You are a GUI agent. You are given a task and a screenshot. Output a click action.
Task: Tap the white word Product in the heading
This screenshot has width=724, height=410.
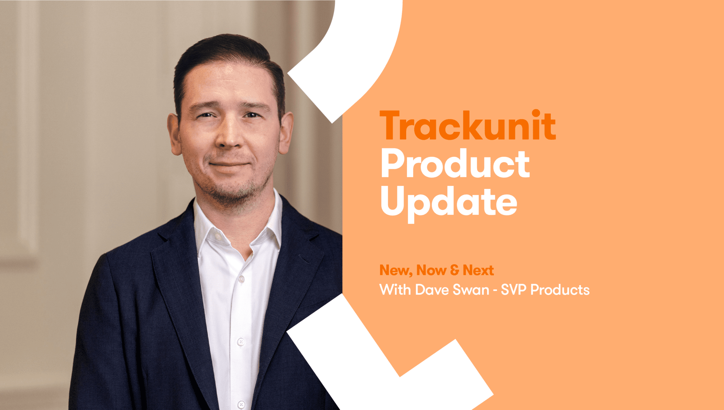tap(455, 164)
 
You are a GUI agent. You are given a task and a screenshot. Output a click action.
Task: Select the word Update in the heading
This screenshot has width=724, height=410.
tap(449, 202)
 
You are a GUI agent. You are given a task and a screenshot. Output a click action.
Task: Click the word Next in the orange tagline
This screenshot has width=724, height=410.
tap(478, 270)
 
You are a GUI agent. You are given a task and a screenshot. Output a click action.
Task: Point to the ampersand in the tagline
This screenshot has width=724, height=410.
tap(455, 270)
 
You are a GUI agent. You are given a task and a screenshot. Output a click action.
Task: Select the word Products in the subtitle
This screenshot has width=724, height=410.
tap(560, 290)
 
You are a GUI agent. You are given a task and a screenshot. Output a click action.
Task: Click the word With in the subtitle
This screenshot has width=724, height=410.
tap(395, 290)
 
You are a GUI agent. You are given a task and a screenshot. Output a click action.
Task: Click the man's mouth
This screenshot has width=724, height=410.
tap(229, 164)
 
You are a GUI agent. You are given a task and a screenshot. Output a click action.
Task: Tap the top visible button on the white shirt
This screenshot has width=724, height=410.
tap(242, 279)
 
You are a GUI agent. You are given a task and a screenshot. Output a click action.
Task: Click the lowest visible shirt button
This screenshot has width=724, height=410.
tap(241, 404)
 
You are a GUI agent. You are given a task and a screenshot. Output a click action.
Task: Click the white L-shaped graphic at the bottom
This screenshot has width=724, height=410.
tap(371, 364)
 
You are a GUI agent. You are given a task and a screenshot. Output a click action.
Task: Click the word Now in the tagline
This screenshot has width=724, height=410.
tap(431, 270)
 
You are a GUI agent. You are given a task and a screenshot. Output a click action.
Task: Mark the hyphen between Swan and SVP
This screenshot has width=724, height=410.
tap(495, 291)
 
